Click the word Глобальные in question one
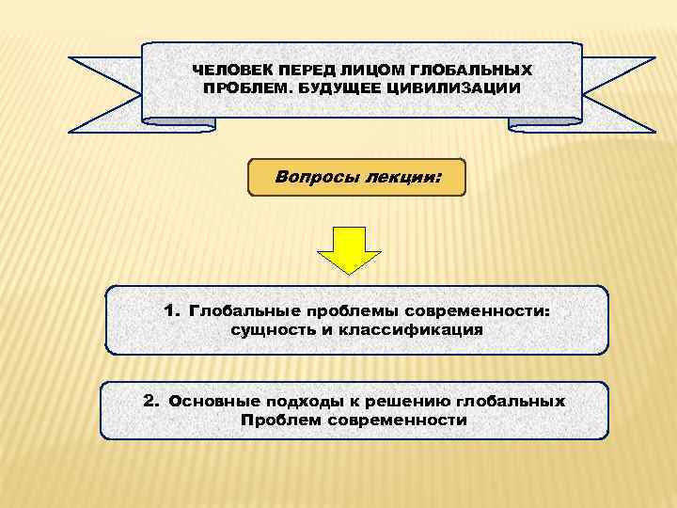pyautogui.click(x=237, y=310)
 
